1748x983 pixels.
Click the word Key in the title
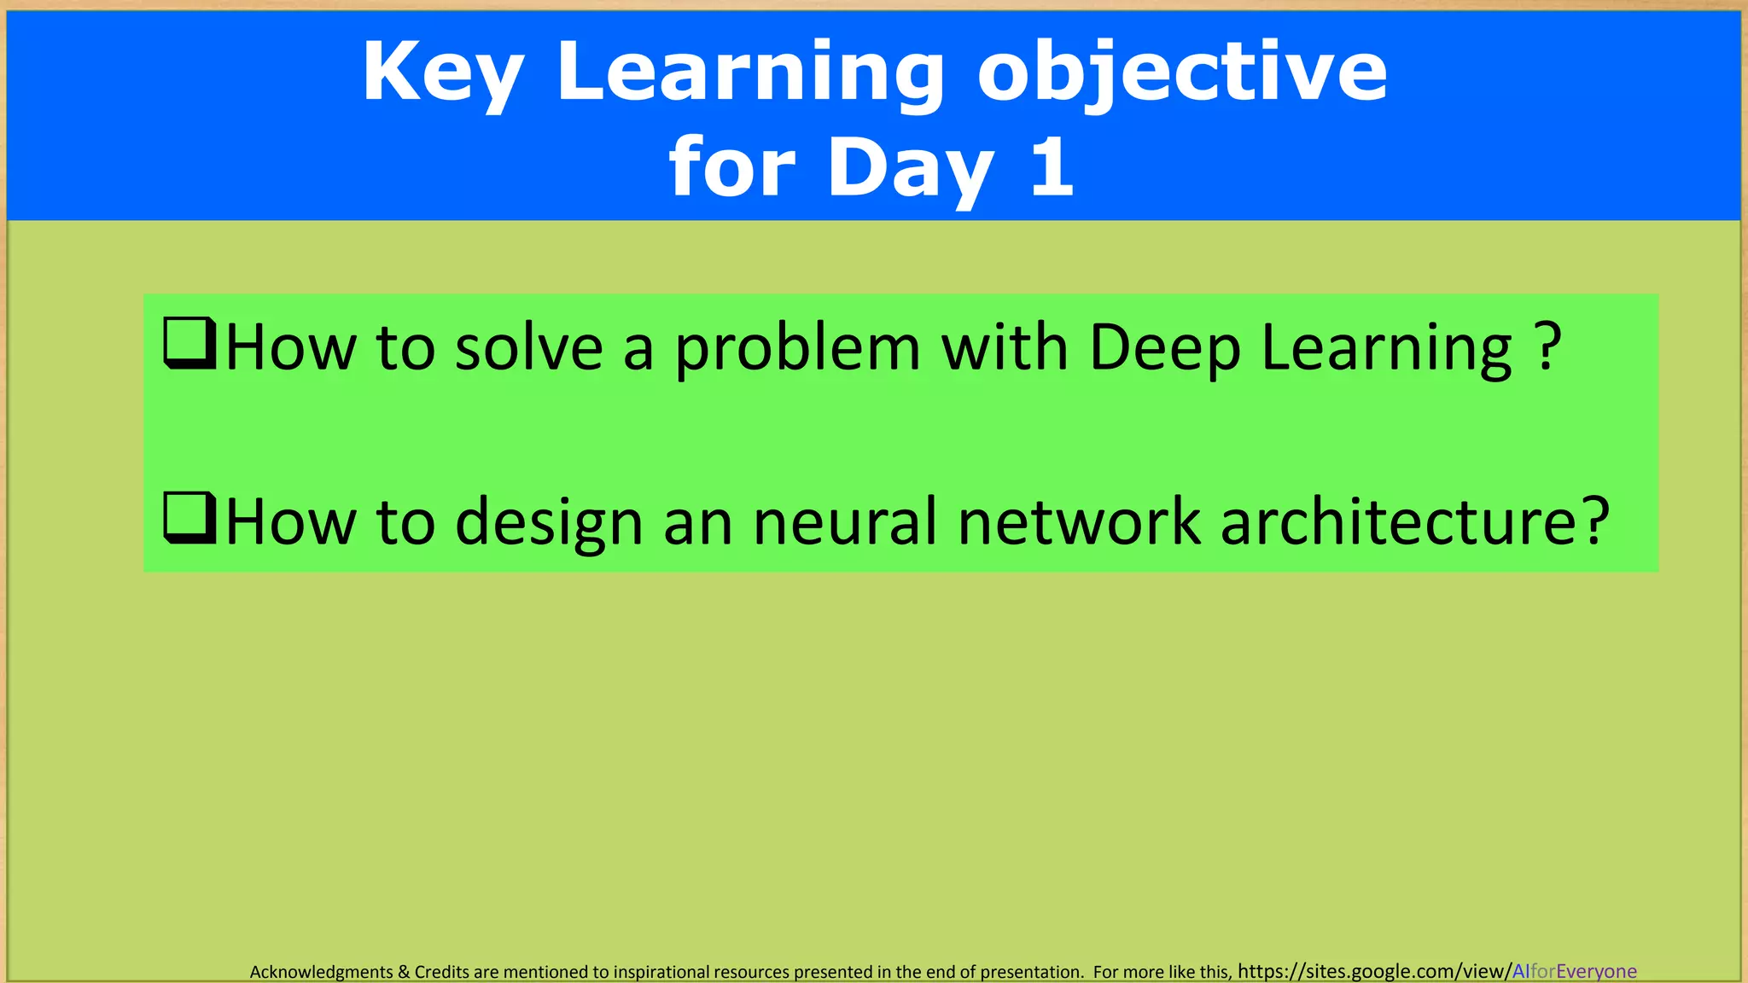pos(442,73)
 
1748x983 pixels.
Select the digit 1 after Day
pos(1052,167)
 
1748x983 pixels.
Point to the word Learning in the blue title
pos(750,73)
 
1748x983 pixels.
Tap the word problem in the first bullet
pos(798,350)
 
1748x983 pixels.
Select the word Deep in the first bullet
pos(1165,350)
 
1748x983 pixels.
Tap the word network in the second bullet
pos(1079,522)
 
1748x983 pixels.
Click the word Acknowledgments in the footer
pos(321,972)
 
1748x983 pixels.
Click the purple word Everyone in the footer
pos(1596,971)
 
